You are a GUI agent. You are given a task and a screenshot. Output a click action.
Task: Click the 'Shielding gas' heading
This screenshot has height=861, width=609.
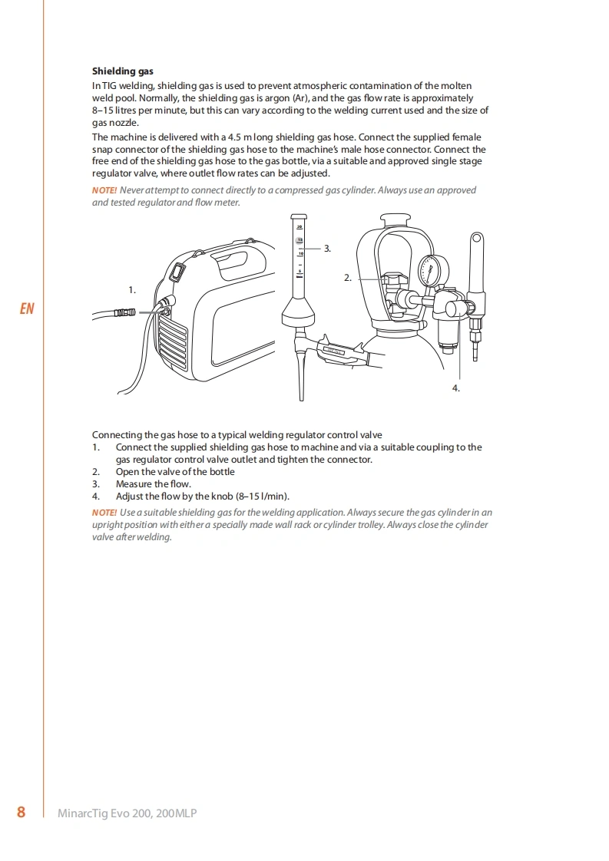point(123,71)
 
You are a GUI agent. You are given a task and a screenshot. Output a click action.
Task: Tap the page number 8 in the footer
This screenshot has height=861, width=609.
point(21,812)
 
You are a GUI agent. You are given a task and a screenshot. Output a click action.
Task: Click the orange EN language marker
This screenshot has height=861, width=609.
point(27,308)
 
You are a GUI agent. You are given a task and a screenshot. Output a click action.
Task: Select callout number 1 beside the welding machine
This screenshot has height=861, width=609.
point(132,290)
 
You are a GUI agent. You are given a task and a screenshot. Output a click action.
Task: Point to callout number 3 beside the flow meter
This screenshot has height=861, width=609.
point(327,249)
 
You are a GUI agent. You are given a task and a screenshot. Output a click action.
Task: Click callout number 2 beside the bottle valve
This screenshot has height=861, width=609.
point(347,278)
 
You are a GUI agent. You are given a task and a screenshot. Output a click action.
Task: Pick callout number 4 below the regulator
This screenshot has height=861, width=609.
point(455,388)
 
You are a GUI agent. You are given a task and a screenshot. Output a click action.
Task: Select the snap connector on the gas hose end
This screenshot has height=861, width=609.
point(124,313)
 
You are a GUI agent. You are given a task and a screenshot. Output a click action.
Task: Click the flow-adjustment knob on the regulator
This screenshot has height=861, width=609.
point(455,308)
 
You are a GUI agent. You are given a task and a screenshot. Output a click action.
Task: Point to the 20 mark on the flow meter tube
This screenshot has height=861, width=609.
point(300,226)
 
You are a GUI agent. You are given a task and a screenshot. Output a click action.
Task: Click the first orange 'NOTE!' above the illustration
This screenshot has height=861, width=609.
point(104,190)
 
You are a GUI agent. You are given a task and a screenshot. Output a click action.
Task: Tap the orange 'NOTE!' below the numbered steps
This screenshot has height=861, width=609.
point(104,513)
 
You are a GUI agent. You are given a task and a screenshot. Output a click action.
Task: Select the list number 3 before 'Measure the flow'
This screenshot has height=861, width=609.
point(96,484)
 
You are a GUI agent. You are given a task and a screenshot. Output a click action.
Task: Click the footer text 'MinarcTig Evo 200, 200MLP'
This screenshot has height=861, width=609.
point(127,813)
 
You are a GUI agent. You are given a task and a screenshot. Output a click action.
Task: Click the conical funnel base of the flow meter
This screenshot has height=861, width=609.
point(299,314)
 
